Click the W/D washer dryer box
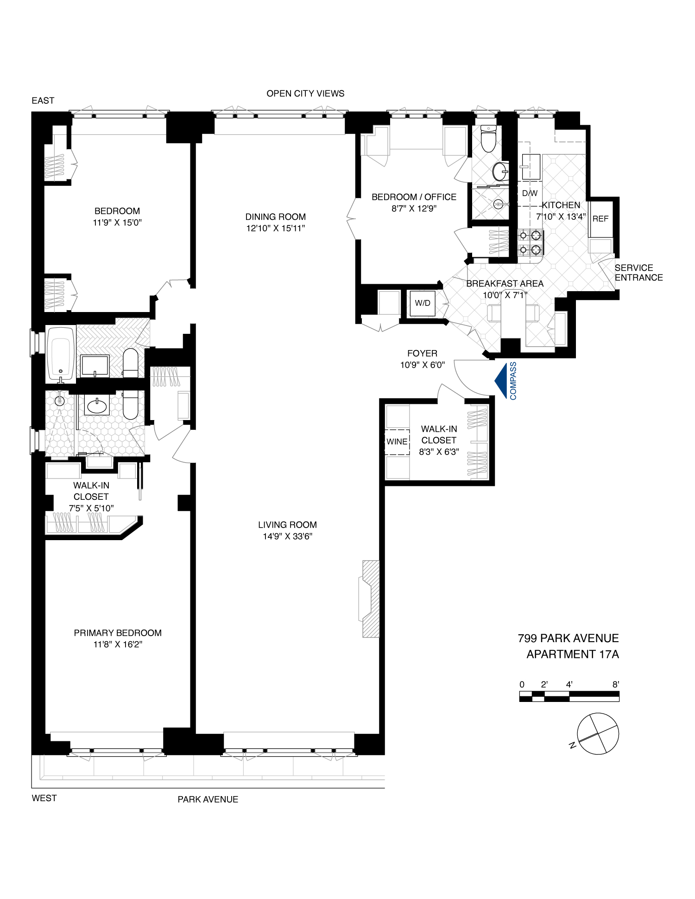pos(423,303)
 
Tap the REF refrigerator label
pos(600,219)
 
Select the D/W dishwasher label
pos(530,193)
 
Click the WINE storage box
pos(397,442)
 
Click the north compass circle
pos(598,733)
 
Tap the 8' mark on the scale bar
pos(615,684)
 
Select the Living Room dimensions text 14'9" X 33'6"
pos(287,536)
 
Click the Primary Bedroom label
pos(118,633)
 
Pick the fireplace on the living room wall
pos(370,599)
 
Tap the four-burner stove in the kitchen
pos(530,242)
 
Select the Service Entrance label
pos(638,273)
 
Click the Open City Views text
pos(305,94)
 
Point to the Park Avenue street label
pos(208,799)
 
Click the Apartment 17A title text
pos(572,654)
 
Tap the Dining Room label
pos(275,217)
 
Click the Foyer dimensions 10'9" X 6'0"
pos(422,365)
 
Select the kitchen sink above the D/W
pos(531,166)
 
